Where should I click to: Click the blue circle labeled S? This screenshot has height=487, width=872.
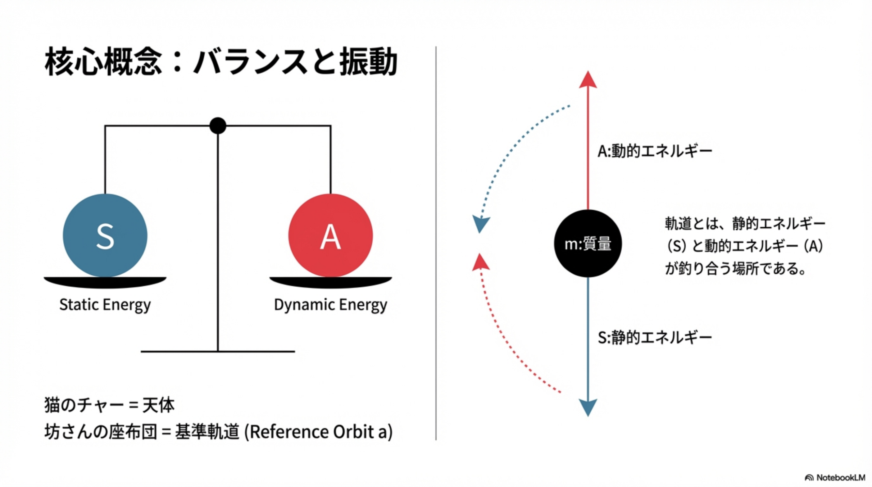click(x=105, y=235)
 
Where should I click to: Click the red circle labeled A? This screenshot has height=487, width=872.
click(x=330, y=235)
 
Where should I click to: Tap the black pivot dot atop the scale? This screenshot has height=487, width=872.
click(x=218, y=126)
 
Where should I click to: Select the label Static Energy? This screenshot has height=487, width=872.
click(x=105, y=304)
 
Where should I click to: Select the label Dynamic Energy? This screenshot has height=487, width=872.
click(x=330, y=304)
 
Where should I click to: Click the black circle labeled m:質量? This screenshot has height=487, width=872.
click(x=588, y=244)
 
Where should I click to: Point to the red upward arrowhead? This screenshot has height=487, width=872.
click(x=588, y=80)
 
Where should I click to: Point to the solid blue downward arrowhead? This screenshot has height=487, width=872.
click(x=588, y=407)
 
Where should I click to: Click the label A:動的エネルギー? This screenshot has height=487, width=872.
click(x=655, y=151)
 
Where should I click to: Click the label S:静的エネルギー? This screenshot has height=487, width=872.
click(x=655, y=337)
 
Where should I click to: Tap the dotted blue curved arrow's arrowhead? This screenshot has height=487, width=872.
click(x=481, y=224)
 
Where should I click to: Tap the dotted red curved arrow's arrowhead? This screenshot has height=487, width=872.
click(x=481, y=262)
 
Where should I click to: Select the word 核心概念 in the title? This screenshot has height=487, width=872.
click(x=103, y=62)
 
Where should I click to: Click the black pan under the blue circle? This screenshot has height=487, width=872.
click(x=105, y=282)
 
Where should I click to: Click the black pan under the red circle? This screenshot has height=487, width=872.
click(x=330, y=282)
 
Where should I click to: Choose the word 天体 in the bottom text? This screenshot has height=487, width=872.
click(x=158, y=405)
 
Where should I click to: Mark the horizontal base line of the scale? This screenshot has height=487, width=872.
click(x=218, y=351)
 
